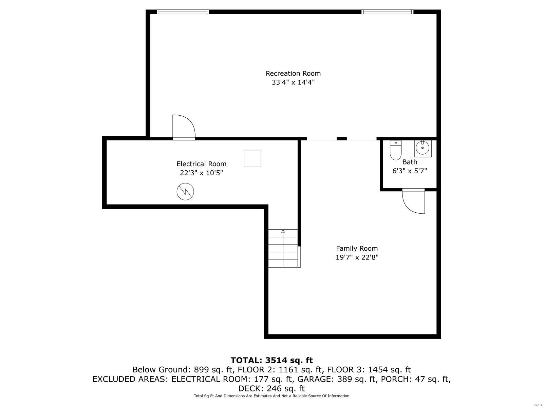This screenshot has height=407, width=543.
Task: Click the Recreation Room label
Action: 293,73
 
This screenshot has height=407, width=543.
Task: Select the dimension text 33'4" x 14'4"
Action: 293,82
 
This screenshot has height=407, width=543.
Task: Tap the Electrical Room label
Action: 201,164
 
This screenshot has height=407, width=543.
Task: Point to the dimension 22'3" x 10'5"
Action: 201,173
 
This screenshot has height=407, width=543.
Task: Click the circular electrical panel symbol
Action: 185,192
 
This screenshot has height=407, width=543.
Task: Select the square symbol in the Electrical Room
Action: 252,158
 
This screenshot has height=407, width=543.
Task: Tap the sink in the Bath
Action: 423,148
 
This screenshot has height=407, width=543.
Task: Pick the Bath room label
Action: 410,162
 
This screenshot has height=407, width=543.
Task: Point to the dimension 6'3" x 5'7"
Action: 410,171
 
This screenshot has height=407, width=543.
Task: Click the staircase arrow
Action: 283,232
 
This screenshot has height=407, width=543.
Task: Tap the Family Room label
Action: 357,248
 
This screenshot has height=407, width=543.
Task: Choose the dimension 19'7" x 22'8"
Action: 357,257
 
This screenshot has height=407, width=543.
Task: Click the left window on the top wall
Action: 183,12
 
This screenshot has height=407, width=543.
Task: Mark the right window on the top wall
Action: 387,12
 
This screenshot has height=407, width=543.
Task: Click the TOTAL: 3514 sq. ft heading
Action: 271,360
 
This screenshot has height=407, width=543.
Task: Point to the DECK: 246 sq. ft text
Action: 271,388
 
